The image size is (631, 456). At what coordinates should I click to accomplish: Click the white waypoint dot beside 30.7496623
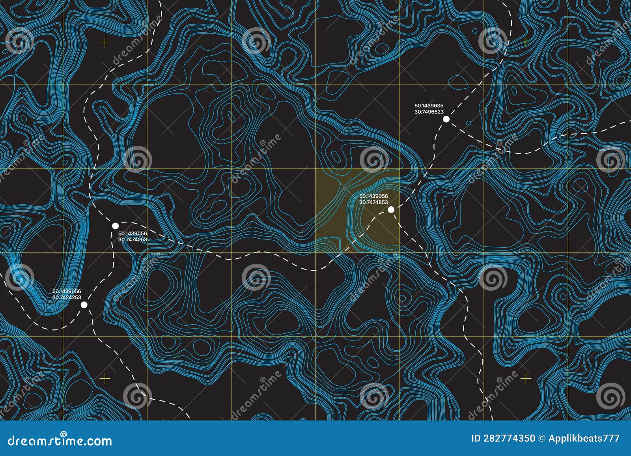tap(446, 119)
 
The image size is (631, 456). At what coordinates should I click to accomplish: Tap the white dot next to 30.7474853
tap(391, 209)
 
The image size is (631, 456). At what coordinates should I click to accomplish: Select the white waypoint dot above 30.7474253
tap(115, 226)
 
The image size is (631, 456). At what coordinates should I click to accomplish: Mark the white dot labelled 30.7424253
tap(84, 304)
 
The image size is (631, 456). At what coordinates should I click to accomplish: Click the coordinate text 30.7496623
tap(429, 112)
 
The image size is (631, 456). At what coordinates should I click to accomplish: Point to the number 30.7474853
tap(373, 202)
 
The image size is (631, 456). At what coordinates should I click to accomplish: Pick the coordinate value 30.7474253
tap(133, 239)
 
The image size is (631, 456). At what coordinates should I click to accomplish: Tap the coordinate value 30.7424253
tap(67, 297)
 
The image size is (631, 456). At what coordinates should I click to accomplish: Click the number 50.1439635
tap(429, 106)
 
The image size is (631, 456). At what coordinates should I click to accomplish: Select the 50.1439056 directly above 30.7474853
tap(373, 196)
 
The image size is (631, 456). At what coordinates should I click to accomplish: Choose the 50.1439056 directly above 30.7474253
tap(133, 233)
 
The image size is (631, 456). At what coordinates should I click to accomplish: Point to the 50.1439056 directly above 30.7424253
tap(67, 291)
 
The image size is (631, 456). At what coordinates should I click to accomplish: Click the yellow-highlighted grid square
tap(357, 210)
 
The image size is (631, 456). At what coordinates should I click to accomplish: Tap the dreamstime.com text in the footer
tap(60, 441)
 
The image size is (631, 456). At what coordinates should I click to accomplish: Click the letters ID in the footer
tap(476, 438)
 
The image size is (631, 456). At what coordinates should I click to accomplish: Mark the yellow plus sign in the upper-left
tap(105, 41)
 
